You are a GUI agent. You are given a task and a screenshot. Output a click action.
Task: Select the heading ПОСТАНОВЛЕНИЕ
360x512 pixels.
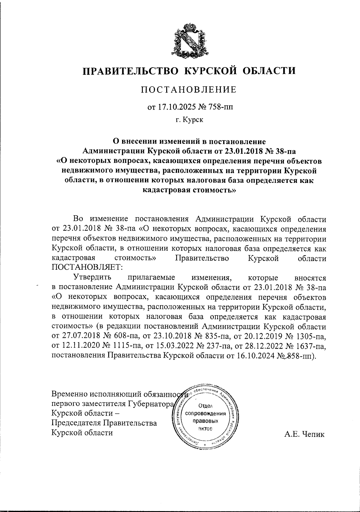[189, 89]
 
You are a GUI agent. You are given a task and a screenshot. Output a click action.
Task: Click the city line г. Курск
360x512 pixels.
[189, 120]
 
